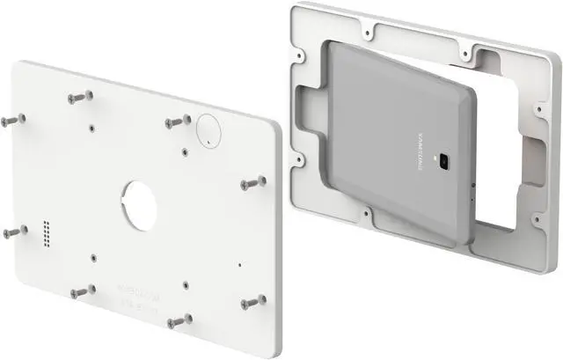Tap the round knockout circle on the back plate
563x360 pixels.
[209, 129]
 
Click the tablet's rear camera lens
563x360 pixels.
[446, 162]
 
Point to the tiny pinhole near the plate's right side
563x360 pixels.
[239, 262]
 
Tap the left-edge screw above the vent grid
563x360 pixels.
[11, 118]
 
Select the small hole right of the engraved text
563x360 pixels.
[184, 284]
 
